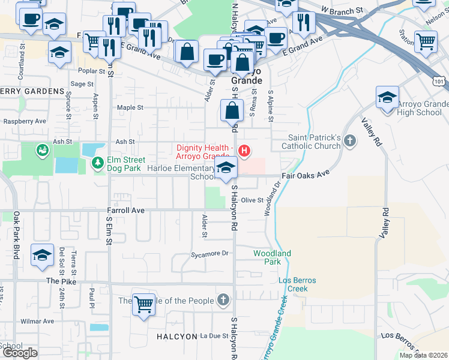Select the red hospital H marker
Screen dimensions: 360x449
(244, 151)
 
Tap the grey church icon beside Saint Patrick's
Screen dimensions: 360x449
(351, 142)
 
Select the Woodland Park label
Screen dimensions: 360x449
(272, 257)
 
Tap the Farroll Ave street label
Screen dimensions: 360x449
(126, 211)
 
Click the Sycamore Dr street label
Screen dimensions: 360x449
(209, 254)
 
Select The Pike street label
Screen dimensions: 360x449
(61, 281)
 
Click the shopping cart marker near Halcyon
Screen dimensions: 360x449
(144, 305)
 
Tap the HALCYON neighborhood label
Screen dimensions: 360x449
(176, 337)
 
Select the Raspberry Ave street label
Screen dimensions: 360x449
(25, 121)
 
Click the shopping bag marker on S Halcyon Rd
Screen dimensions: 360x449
(232, 111)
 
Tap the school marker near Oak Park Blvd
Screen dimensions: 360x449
(42, 255)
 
